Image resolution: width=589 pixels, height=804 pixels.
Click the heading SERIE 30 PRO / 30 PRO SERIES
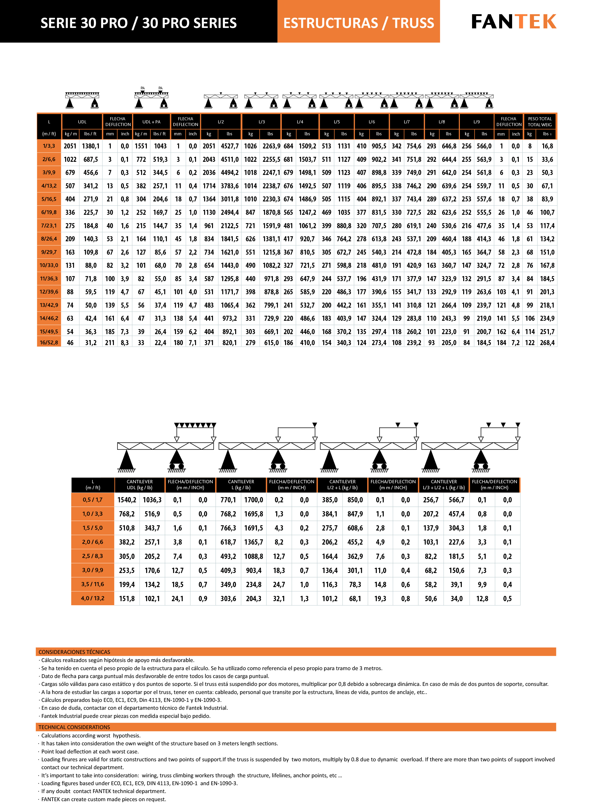tap(138, 23)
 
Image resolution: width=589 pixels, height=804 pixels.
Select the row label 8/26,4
tap(49, 239)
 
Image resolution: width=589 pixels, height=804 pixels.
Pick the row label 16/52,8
tap(49, 342)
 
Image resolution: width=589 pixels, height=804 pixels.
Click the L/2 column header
tap(221, 122)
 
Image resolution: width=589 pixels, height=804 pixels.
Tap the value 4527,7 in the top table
tap(230, 146)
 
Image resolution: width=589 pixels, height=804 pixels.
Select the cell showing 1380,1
tap(90, 146)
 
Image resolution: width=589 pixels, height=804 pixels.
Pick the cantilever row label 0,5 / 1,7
tap(93, 500)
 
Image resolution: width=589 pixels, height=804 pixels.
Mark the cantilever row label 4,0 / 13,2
tap(93, 598)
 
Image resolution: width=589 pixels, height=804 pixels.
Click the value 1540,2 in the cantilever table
tap(127, 500)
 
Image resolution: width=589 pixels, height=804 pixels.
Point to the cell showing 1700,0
tap(254, 500)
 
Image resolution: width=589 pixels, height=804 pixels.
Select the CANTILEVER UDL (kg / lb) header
tap(140, 485)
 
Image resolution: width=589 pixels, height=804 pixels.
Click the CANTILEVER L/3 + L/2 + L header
tap(444, 485)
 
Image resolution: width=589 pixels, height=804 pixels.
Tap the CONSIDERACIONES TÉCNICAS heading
tap(74, 652)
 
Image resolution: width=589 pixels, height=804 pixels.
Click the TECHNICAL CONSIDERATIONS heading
tap(74, 727)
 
